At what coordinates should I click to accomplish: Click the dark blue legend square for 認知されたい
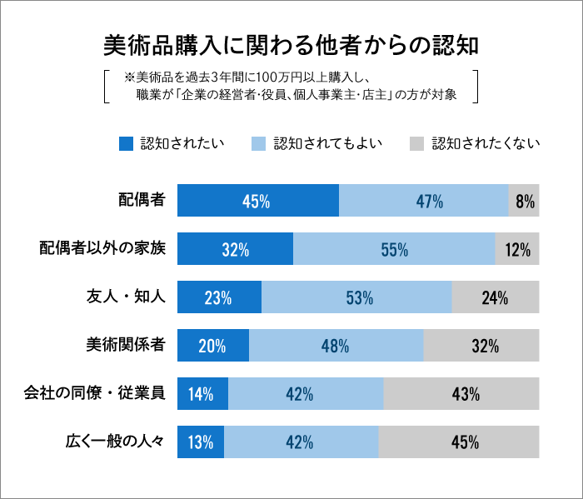(x=126, y=143)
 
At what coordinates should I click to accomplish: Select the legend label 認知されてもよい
(x=327, y=143)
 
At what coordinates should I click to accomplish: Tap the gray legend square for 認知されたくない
(x=416, y=143)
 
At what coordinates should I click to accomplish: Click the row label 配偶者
(x=142, y=200)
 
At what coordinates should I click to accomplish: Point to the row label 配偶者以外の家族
(x=103, y=248)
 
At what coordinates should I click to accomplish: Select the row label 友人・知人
(x=127, y=297)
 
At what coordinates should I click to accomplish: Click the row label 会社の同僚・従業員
(x=94, y=393)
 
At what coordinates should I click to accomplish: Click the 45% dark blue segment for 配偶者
(x=258, y=201)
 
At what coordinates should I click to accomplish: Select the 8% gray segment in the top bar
(x=524, y=201)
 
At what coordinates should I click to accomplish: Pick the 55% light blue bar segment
(x=394, y=249)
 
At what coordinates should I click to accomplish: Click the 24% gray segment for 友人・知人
(x=496, y=297)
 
